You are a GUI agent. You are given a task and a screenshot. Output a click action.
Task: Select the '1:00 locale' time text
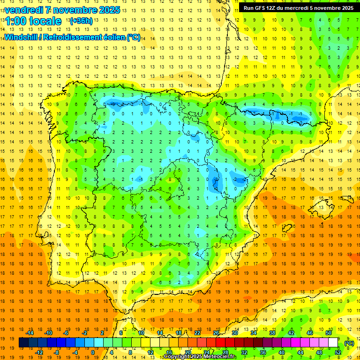[33, 21]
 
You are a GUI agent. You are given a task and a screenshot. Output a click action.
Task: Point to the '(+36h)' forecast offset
[81, 21]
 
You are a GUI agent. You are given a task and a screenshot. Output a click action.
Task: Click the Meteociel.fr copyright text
[200, 357]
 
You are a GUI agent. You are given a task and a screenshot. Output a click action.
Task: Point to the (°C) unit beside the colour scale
[349, 343]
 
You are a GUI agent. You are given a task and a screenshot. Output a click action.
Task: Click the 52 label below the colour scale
[338, 352]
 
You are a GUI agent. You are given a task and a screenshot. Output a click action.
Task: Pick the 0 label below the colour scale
[92, 352]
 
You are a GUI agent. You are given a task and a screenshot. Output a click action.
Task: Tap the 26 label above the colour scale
[216, 333]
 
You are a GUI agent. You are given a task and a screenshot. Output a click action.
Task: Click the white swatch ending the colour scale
[333, 343]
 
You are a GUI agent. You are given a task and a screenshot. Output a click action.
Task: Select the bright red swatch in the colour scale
[221, 343]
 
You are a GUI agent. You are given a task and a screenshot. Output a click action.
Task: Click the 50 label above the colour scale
[329, 333]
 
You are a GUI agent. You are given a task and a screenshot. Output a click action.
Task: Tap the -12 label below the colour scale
[39, 352]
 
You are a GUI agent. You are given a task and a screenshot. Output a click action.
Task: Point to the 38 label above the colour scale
[272, 333]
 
